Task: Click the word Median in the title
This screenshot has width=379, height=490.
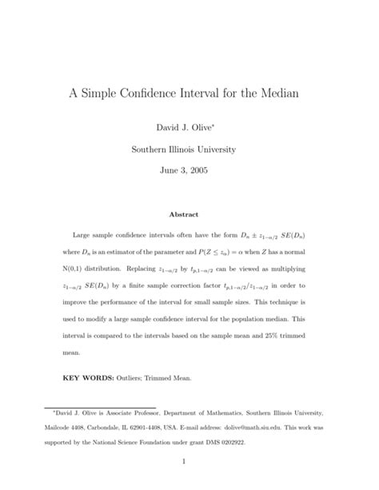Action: point(275,93)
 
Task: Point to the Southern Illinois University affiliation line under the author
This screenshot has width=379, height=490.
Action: point(189,149)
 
